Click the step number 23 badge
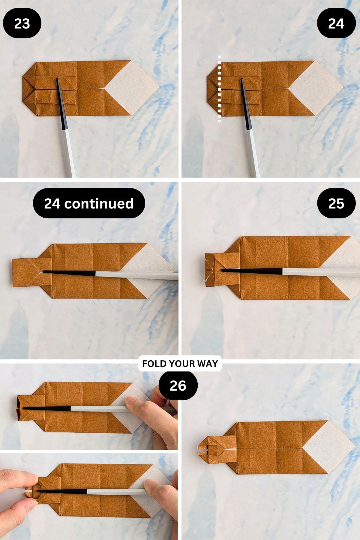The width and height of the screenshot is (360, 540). click(22, 23)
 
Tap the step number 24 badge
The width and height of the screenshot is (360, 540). click(336, 23)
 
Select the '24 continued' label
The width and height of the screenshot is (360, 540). click(89, 203)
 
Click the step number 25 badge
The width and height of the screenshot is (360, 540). click(336, 203)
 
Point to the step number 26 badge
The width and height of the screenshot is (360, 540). click(178, 385)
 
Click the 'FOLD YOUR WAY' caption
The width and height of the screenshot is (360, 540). click(180, 364)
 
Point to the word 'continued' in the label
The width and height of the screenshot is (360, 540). click(99, 203)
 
